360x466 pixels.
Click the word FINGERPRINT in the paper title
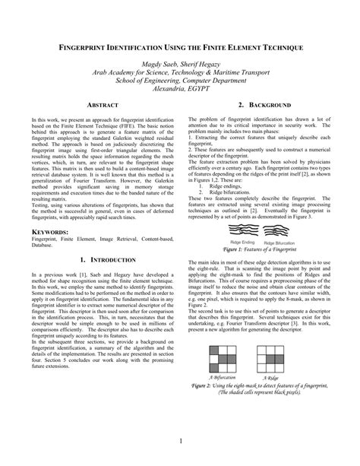pos(93,46)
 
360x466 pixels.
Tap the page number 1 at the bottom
pos(181,441)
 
